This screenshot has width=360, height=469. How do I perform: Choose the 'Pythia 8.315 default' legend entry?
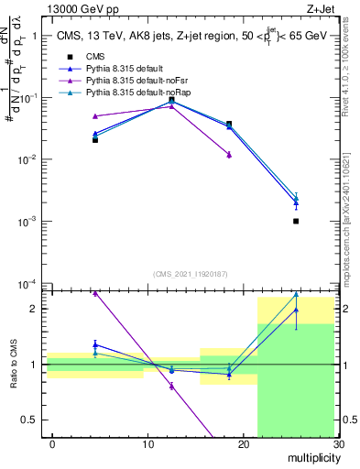(123, 69)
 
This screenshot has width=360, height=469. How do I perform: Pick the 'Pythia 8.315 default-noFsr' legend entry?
(134, 81)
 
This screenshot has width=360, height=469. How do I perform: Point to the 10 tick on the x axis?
(147, 443)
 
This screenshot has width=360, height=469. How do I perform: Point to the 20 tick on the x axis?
(243, 443)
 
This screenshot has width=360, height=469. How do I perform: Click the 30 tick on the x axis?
(338, 443)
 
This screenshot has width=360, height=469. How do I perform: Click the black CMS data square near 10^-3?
(296, 221)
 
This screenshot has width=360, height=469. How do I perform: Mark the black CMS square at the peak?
(171, 100)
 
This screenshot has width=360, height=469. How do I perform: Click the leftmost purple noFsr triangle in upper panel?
(95, 116)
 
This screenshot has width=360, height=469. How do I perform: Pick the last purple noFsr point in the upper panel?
(229, 155)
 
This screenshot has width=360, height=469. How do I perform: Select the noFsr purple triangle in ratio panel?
(171, 386)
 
